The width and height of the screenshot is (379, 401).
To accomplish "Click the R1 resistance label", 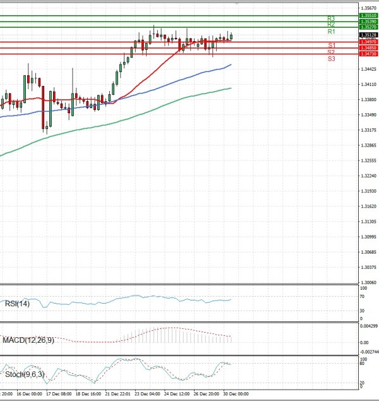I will click(x=331, y=31).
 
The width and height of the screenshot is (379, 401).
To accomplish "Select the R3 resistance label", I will click(x=331, y=18).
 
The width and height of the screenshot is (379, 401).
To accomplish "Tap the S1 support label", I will click(x=331, y=45).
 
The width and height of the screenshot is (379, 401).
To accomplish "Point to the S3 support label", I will click(x=331, y=58).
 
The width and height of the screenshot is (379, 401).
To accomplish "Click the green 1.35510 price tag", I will click(x=368, y=15).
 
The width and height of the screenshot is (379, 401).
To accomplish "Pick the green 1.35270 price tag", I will click(x=368, y=27).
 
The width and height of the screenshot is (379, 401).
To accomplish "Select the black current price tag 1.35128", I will click(x=368, y=35).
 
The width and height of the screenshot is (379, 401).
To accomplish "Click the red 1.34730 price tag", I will click(x=368, y=54).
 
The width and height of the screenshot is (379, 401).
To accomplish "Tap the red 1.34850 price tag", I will click(x=368, y=47).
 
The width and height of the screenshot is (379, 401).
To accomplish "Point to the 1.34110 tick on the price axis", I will click(x=368, y=85).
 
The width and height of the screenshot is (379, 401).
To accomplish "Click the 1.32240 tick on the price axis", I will click(x=368, y=176).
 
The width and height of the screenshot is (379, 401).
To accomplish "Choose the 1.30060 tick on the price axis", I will click(x=368, y=283).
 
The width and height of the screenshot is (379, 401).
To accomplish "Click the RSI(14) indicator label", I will click(x=17, y=304).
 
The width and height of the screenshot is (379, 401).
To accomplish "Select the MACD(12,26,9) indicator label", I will click(x=27, y=340).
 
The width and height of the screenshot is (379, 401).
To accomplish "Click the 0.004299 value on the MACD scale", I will click(x=368, y=326).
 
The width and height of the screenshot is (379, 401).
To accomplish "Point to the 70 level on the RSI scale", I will click(x=362, y=296).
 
